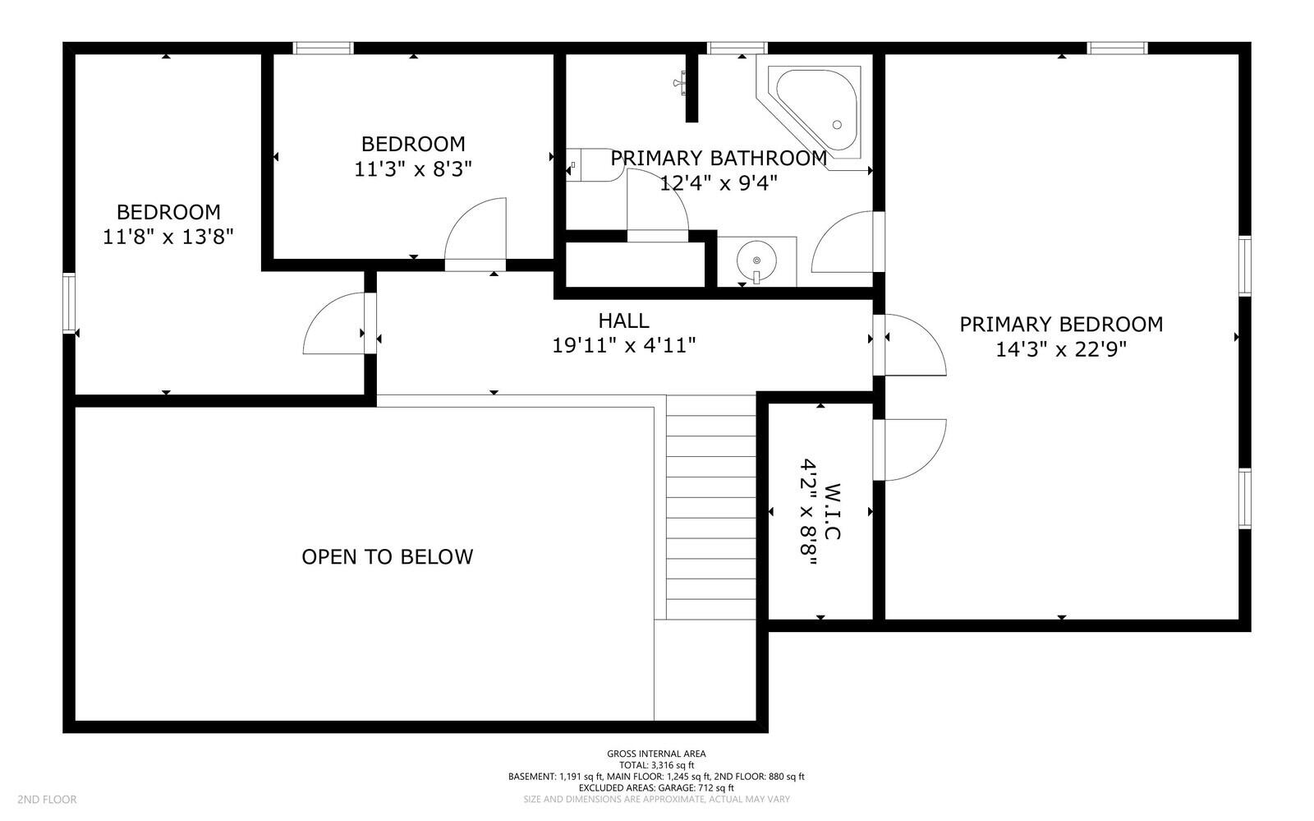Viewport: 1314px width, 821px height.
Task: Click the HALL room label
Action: [623, 321]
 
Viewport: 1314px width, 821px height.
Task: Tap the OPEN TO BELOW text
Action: [387, 557]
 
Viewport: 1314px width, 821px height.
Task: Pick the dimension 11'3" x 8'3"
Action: [413, 169]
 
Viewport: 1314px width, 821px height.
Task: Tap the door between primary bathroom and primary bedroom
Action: [846, 242]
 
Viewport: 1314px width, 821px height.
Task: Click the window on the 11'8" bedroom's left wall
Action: [69, 302]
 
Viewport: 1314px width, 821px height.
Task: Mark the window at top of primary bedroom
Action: [1117, 48]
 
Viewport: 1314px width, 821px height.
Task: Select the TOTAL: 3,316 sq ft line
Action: [656, 765]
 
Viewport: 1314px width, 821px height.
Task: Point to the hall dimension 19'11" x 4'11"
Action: [623, 346]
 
